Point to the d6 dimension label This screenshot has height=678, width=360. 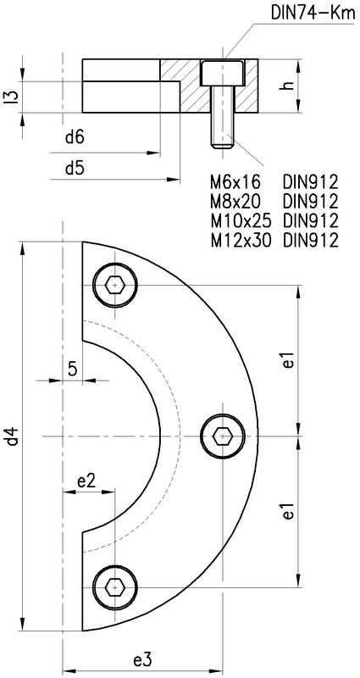(x=74, y=136)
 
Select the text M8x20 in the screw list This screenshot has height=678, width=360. (x=236, y=202)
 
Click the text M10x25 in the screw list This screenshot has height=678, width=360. (x=241, y=220)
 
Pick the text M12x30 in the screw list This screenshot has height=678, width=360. (x=241, y=240)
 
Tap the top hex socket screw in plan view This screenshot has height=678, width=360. (x=114, y=284)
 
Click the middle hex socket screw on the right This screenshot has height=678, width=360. (x=223, y=436)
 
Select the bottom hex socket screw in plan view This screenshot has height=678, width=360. (x=114, y=586)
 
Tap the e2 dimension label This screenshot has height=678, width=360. (x=86, y=481)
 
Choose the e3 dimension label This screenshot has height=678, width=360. (x=141, y=659)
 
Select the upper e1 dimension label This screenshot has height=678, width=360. (x=289, y=359)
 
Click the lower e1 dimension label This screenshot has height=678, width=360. (x=289, y=511)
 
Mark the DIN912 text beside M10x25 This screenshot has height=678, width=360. (x=311, y=220)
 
